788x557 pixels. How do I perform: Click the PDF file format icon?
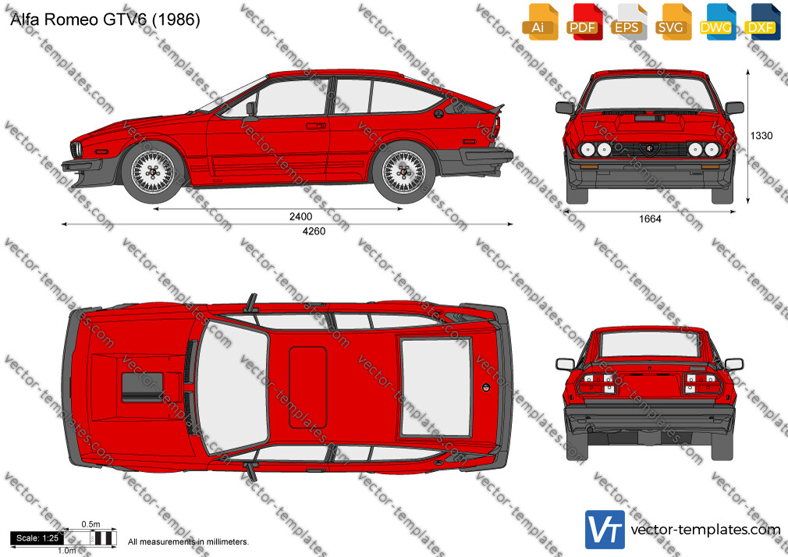pos(584,22)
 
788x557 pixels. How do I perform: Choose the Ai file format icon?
pos(540,22)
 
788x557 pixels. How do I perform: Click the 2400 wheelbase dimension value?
pos(300,217)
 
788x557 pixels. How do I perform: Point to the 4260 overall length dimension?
pos(314,231)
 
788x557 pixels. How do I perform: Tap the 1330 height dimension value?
pos(761,136)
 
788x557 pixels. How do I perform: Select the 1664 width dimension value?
pos(650,218)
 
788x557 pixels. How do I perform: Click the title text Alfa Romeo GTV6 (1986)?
pos(105,19)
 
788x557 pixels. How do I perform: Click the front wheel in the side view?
pos(153,172)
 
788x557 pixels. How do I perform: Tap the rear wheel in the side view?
pos(403,172)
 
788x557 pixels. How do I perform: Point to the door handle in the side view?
pos(316,126)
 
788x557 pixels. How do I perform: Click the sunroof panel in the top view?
pos(308,387)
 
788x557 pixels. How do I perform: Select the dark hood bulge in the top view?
pos(142,387)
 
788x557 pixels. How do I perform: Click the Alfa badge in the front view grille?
pos(650,149)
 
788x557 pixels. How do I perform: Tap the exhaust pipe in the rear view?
pos(590,430)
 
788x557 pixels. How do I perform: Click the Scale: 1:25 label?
pos(37,538)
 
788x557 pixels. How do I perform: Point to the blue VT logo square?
pos(605,530)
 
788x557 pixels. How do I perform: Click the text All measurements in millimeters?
pos(188,542)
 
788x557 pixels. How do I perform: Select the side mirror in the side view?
pos(250,109)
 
